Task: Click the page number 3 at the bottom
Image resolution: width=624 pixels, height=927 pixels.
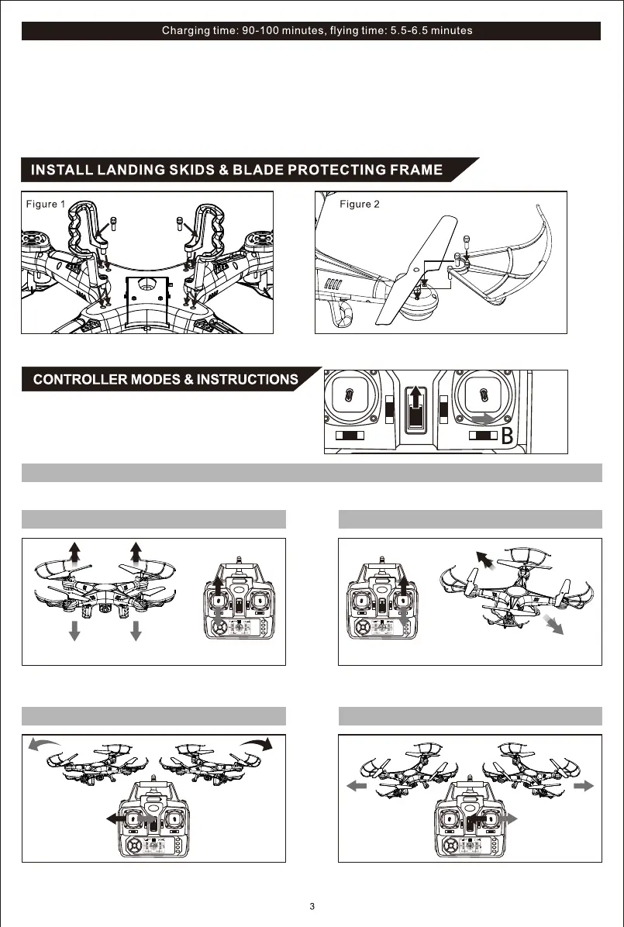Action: [x=312, y=907]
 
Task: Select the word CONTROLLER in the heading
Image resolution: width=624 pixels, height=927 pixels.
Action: [x=80, y=380]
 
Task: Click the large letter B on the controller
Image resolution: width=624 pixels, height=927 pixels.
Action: [x=508, y=437]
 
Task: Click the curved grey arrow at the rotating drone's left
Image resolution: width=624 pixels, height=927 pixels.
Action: [x=45, y=745]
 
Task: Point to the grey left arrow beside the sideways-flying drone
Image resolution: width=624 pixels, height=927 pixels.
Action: [x=357, y=786]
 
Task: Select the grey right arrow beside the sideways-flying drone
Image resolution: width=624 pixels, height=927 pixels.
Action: [x=584, y=785]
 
